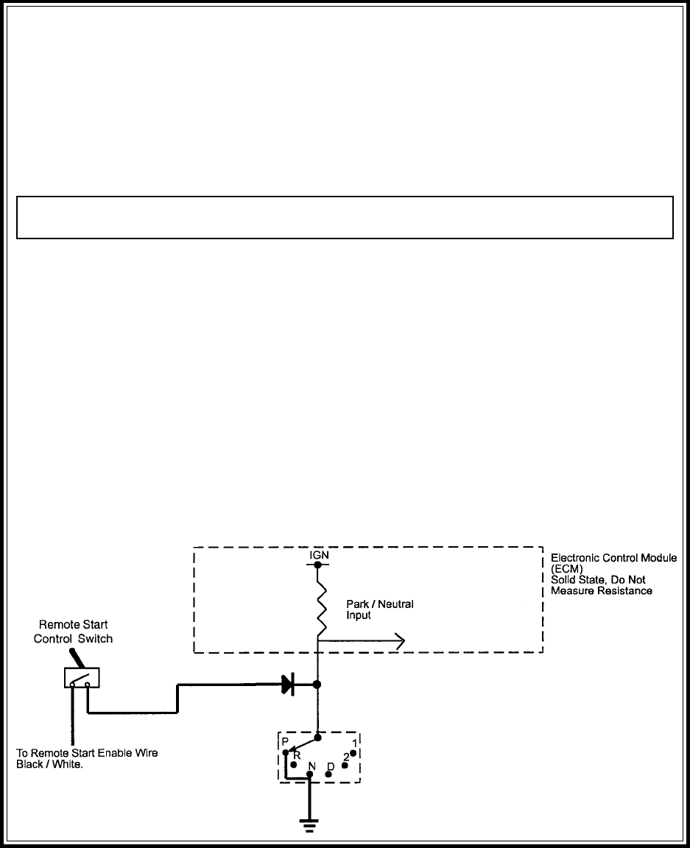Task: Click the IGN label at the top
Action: [x=319, y=556]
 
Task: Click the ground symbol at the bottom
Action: [x=309, y=826]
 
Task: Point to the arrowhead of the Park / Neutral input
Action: [x=401, y=641]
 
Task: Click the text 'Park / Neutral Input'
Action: [x=380, y=609]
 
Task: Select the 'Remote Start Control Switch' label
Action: [x=73, y=632]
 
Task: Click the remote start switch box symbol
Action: [x=82, y=678]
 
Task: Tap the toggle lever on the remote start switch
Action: [x=75, y=660]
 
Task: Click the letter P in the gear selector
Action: [x=285, y=741]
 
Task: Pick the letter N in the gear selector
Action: [x=311, y=766]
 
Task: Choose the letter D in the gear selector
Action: [x=331, y=767]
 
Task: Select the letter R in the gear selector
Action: [x=297, y=756]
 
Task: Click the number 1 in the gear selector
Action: [x=355, y=743]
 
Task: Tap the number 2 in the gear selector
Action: [x=346, y=757]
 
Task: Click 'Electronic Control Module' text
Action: [x=613, y=558]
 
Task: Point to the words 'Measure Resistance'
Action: [x=601, y=591]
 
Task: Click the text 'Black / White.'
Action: [x=50, y=765]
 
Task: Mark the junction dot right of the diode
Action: [x=317, y=685]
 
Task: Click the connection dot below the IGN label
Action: [x=318, y=565]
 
